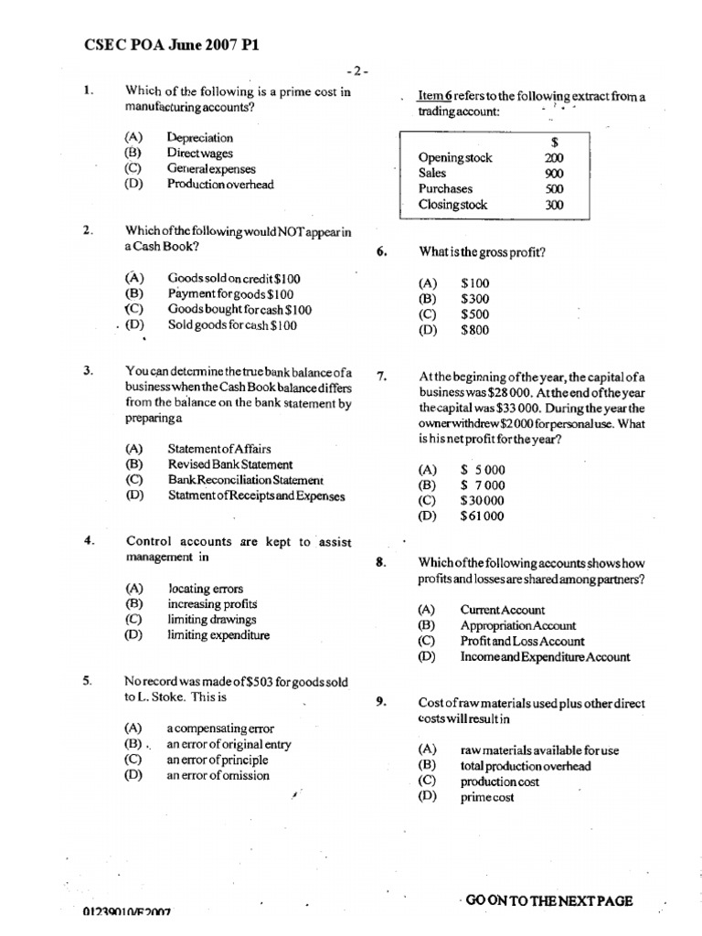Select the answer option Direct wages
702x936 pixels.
199,154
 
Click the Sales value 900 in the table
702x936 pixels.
554,173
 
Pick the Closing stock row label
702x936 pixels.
452,206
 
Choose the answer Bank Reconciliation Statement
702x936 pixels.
245,480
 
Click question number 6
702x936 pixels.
382,252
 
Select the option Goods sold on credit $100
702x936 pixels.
234,278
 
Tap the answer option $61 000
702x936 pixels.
482,516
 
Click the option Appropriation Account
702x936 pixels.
517,626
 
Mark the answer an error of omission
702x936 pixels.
218,775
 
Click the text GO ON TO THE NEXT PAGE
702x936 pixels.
548,900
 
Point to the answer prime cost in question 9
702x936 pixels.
487,797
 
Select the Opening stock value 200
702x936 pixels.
554,157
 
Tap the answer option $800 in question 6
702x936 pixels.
474,330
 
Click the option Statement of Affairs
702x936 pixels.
218,449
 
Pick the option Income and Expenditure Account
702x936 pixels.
545,657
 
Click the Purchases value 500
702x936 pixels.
554,189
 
